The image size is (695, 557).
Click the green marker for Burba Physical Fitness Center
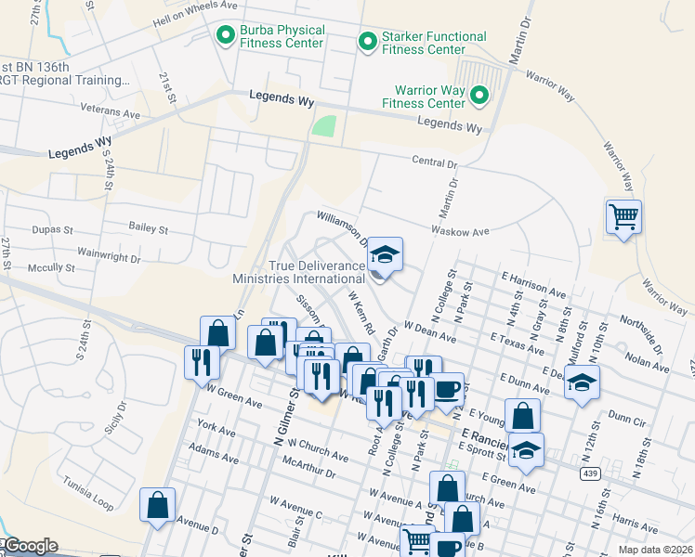225,36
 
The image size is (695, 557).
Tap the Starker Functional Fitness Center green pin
368,42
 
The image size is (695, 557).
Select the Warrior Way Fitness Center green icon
479,96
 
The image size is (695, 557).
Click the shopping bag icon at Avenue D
157,506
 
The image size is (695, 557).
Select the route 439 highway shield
589,473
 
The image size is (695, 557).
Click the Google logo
30,546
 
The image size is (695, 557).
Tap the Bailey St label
149,227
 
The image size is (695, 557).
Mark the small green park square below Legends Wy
322,126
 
